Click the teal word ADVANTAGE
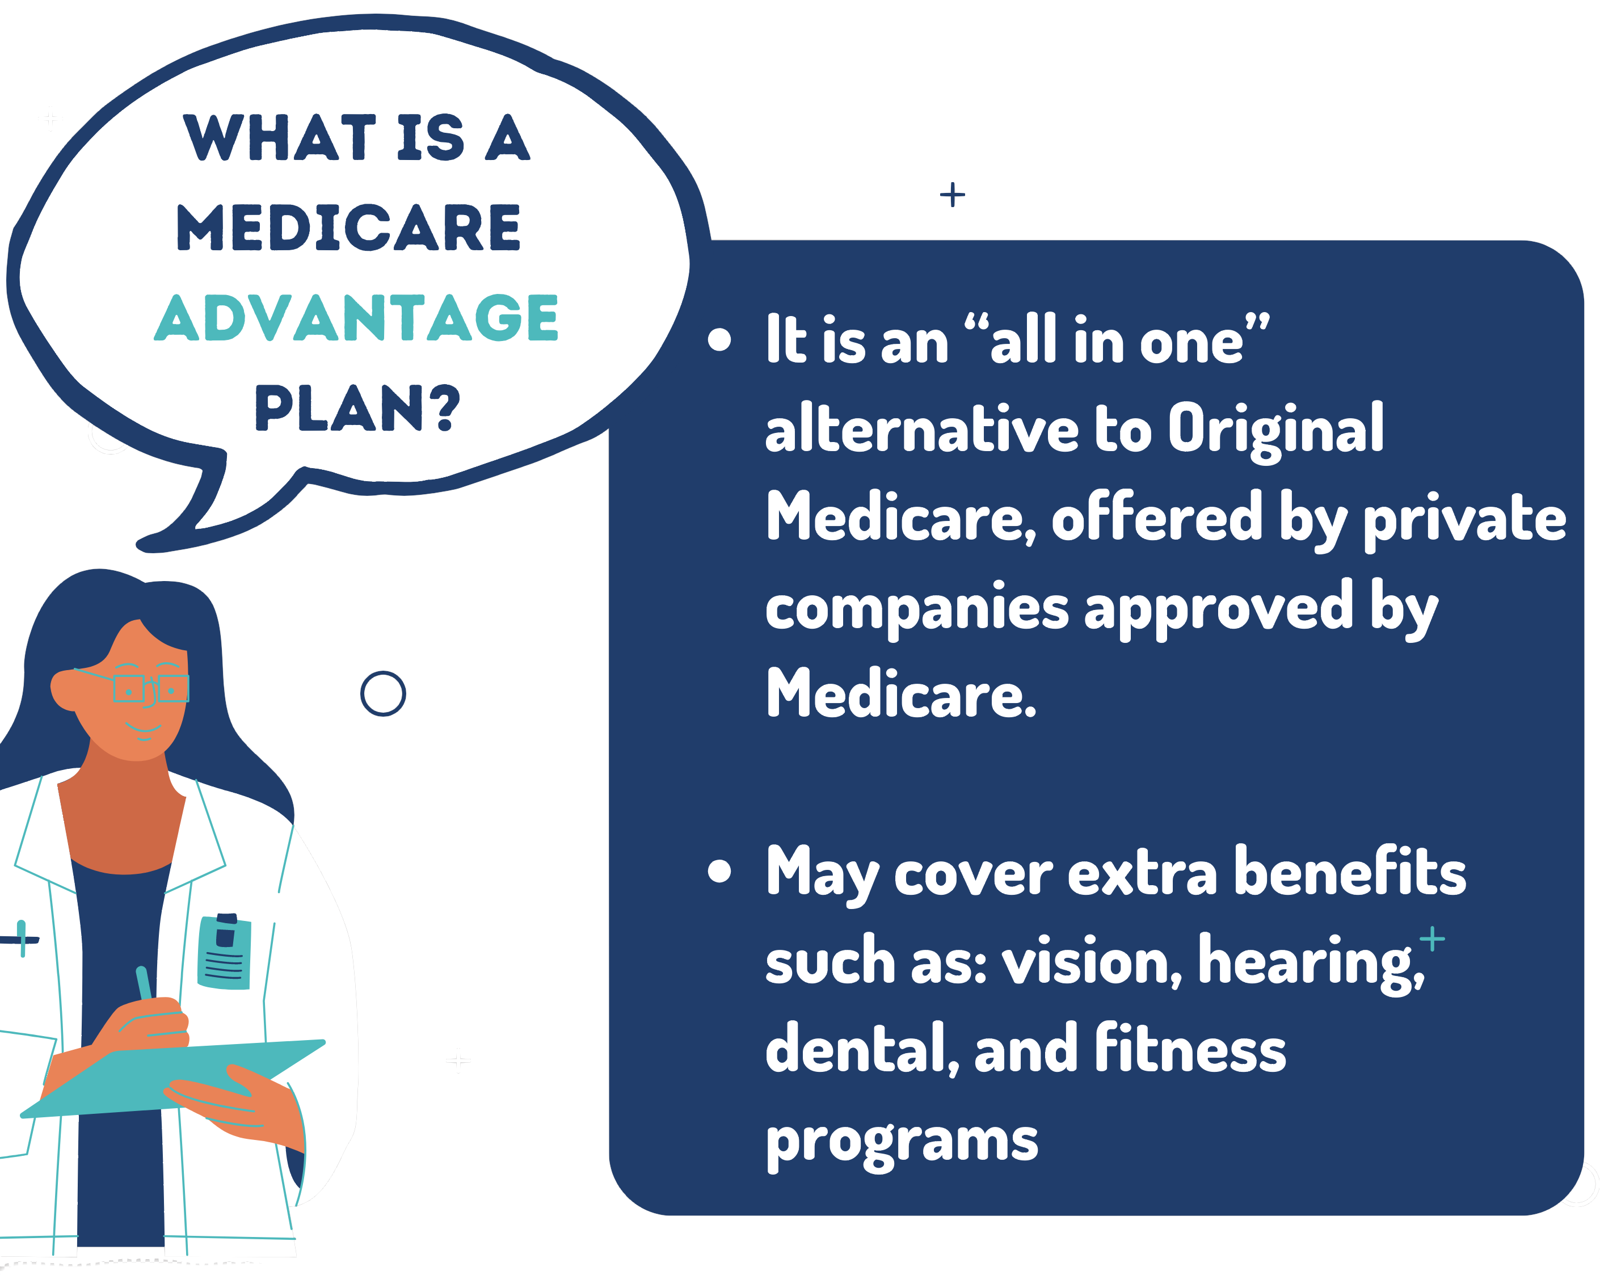pyautogui.click(x=356, y=318)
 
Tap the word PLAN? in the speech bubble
pyautogui.click(x=357, y=407)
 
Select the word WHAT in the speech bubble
pyautogui.click(x=280, y=137)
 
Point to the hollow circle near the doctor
pyautogui.click(x=383, y=694)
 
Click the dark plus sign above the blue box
pyautogui.click(x=952, y=195)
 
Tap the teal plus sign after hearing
pyautogui.click(x=1432, y=939)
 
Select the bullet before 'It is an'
pyautogui.click(x=719, y=339)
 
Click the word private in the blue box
pyautogui.click(x=1465, y=520)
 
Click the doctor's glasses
pyautogui.click(x=151, y=688)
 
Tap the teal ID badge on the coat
pyautogui.click(x=224, y=952)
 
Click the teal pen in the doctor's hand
pyautogui.click(x=144, y=983)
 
